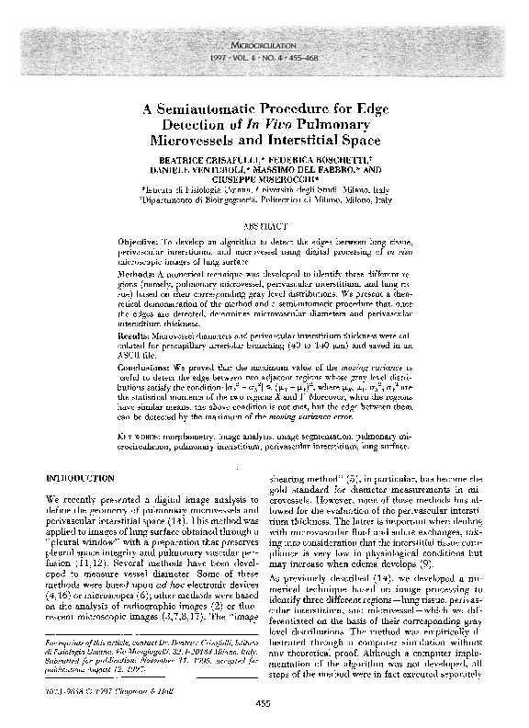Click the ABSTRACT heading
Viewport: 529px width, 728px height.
pyautogui.click(x=265, y=225)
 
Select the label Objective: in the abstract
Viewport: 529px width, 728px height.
pyautogui.click(x=145, y=238)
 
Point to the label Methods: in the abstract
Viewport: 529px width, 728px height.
pyautogui.click(x=143, y=274)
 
